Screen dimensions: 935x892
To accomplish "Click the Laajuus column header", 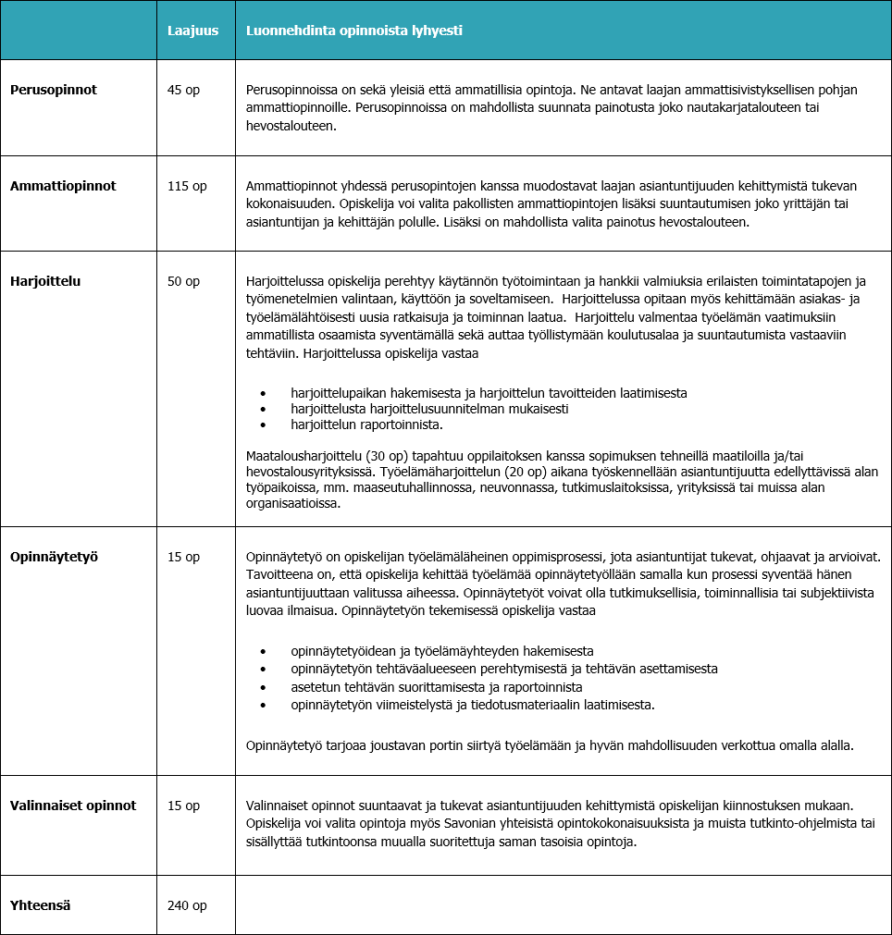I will [x=192, y=31].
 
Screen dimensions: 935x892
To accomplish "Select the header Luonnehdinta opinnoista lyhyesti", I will [x=354, y=31].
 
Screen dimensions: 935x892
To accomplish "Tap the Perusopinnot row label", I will [x=54, y=90].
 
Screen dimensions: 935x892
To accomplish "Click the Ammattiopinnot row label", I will [x=63, y=186].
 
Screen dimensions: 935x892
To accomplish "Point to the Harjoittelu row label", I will [x=45, y=281].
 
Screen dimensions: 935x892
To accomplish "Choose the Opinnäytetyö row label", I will [x=54, y=557].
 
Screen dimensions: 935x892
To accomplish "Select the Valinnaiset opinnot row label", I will [x=73, y=806].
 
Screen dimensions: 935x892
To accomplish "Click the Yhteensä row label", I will [x=41, y=905].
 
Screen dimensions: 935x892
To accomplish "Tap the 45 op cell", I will [x=183, y=90].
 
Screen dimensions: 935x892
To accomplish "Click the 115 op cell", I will [x=187, y=186].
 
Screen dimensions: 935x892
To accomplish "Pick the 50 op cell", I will [x=183, y=281].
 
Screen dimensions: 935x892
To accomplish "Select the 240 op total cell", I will [x=187, y=905].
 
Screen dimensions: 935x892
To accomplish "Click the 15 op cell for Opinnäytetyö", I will [x=183, y=557].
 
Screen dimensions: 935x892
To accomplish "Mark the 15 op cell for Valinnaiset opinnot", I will [x=183, y=806].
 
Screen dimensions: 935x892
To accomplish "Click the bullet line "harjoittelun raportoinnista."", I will [x=366, y=424].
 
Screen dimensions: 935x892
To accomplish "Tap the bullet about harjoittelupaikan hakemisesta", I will [x=489, y=393].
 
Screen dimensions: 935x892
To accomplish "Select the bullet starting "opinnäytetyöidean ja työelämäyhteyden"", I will [x=441, y=651].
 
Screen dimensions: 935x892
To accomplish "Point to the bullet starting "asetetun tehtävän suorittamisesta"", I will [x=436, y=687].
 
